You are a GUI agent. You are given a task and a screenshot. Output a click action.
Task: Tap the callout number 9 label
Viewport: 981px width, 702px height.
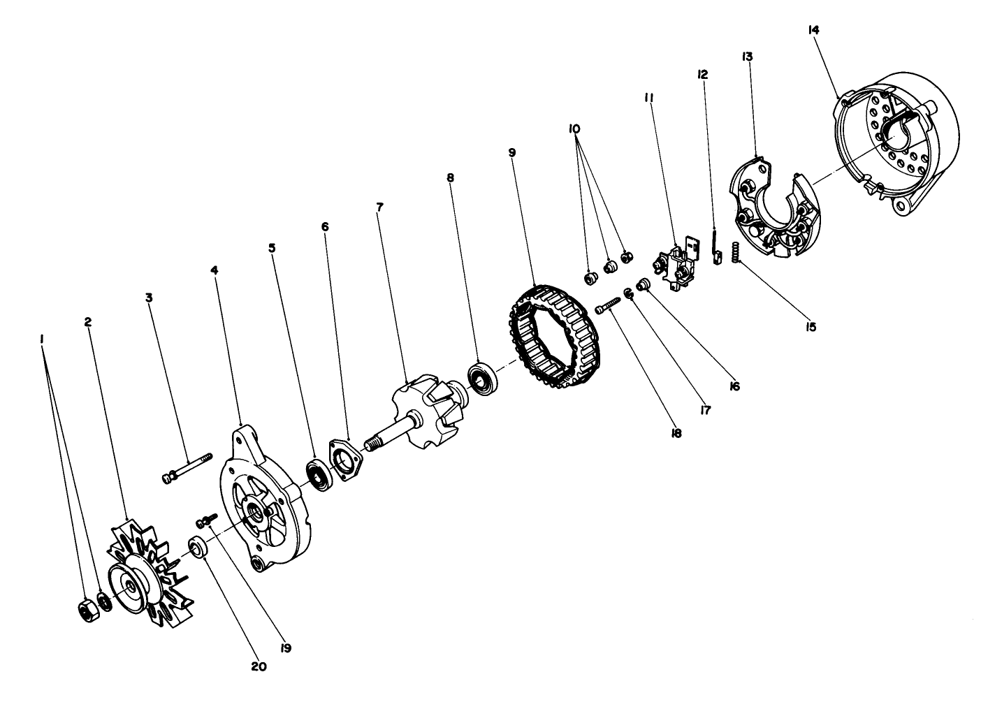tap(511, 152)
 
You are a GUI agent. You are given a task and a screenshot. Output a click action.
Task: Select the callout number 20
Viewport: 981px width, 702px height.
tap(260, 666)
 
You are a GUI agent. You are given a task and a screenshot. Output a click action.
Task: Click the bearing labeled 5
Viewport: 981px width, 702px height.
tap(321, 475)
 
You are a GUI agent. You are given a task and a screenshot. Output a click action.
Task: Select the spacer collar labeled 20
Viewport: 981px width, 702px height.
tap(198, 546)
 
